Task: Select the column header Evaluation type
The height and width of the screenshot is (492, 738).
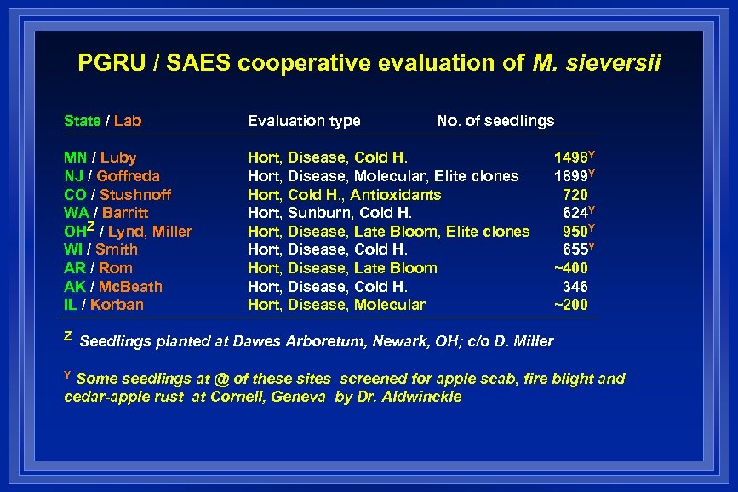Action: pyautogui.click(x=304, y=121)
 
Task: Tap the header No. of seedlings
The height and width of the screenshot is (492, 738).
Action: pyautogui.click(x=495, y=121)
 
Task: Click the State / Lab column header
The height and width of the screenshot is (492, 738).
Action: pyautogui.click(x=102, y=121)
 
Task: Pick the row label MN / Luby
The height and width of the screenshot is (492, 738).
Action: pyautogui.click(x=100, y=157)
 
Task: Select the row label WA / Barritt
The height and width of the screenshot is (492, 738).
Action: pyautogui.click(x=106, y=213)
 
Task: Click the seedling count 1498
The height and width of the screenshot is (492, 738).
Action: pyautogui.click(x=570, y=157)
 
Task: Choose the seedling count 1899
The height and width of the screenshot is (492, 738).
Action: pyautogui.click(x=570, y=176)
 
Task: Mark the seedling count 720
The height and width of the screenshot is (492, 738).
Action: pyautogui.click(x=575, y=195)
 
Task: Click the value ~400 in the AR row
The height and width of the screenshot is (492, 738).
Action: pyautogui.click(x=570, y=268)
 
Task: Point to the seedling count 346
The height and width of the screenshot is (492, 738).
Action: pyautogui.click(x=575, y=287)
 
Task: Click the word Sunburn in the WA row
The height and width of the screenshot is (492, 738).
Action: pyautogui.click(x=319, y=213)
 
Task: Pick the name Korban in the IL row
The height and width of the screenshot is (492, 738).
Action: pyautogui.click(x=117, y=305)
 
